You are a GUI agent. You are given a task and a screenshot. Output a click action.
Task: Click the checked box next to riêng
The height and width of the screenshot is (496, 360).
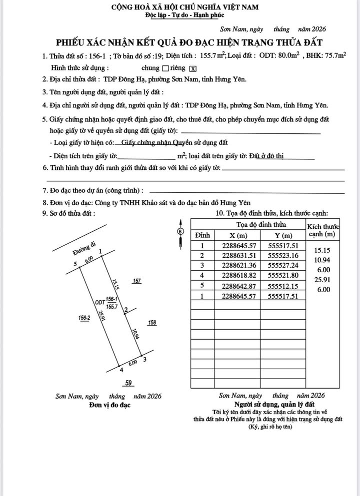[193, 68]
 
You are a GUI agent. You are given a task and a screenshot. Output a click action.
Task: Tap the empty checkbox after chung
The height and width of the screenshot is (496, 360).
[164, 68]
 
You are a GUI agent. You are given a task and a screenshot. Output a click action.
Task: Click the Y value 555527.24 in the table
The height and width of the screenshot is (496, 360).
[283, 265]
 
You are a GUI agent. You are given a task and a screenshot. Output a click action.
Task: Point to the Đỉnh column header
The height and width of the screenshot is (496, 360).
[202, 235]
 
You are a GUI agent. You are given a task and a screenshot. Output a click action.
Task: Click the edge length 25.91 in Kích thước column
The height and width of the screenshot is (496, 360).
[321, 280]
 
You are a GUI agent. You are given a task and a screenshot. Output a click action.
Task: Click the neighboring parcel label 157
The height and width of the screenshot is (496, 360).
[136, 281]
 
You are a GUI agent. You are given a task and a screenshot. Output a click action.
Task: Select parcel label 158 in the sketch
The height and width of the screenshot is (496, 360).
[152, 323]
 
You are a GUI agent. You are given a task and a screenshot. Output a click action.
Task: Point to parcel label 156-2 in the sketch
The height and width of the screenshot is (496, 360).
[84, 318]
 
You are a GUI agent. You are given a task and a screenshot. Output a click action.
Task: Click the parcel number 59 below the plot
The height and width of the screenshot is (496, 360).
[128, 383]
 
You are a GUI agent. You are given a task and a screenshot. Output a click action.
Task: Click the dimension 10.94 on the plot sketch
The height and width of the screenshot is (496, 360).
[135, 334]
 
